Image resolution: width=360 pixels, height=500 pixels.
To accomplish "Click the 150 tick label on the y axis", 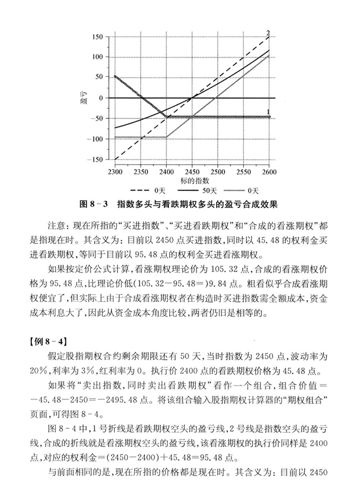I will pyautogui.click(x=97, y=37).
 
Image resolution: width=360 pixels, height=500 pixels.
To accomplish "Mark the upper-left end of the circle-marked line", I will pyautogui.click(x=115, y=77).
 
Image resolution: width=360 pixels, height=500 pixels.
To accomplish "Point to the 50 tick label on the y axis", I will pyautogui.click(x=98, y=77).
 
